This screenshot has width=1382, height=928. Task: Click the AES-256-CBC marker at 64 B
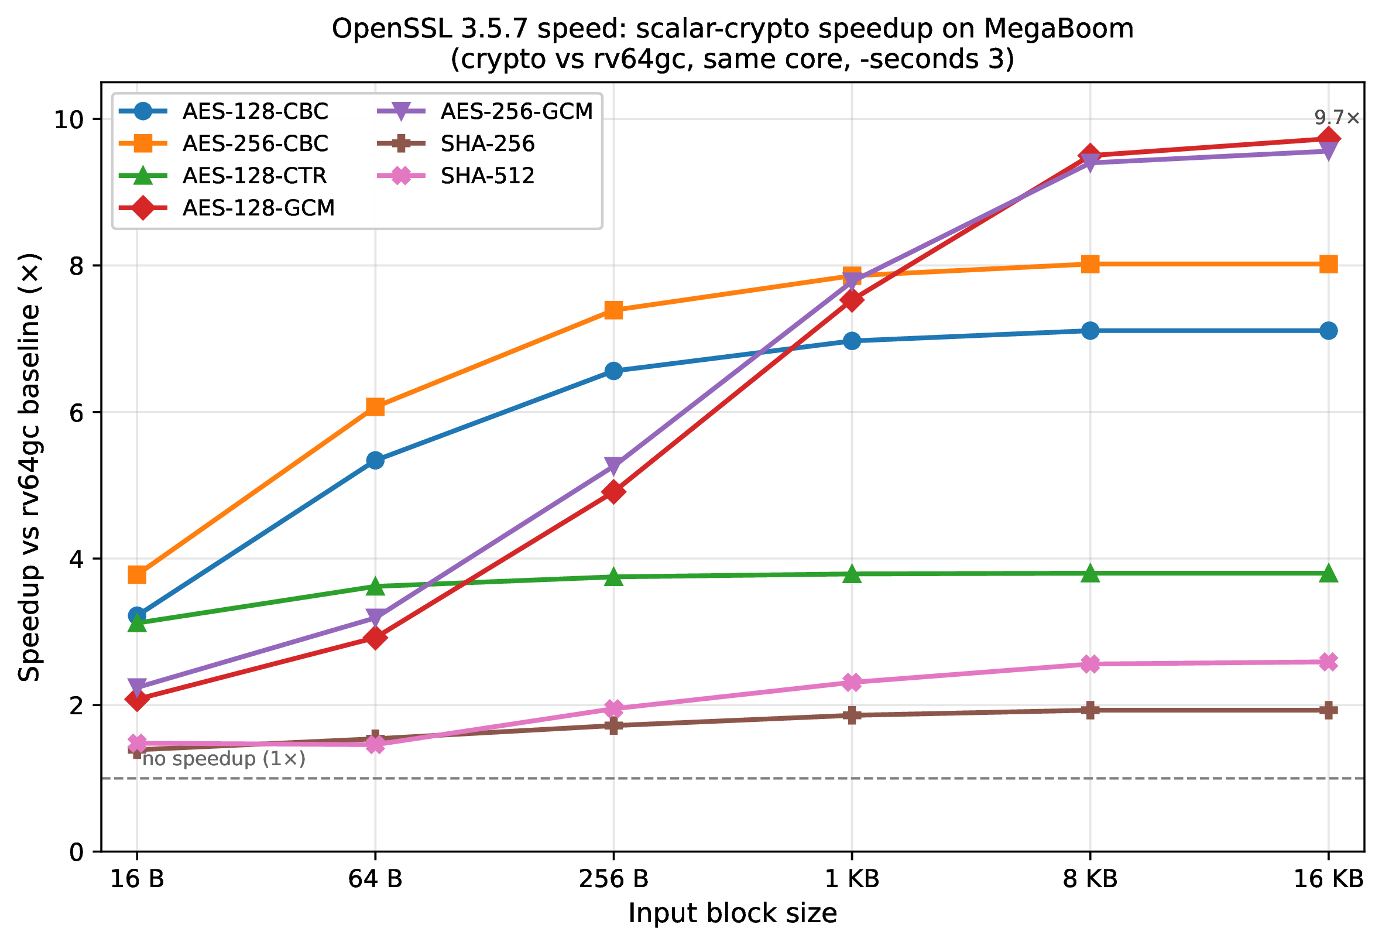[375, 407]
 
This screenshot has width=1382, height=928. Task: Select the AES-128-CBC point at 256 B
[613, 371]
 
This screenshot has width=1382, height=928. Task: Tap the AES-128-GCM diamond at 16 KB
[1329, 139]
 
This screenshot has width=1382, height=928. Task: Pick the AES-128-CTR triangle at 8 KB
[1090, 573]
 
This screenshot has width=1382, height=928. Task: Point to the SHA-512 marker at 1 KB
[852, 683]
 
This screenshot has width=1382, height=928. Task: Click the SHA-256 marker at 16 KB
[1329, 710]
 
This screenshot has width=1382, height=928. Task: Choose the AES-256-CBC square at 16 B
[137, 574]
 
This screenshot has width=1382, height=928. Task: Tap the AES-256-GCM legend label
[516, 111]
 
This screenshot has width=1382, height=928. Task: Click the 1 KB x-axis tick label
[852, 879]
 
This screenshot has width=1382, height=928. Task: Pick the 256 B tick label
[613, 879]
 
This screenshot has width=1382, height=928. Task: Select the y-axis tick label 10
[69, 119]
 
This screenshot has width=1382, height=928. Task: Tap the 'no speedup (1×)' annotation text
[224, 759]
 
